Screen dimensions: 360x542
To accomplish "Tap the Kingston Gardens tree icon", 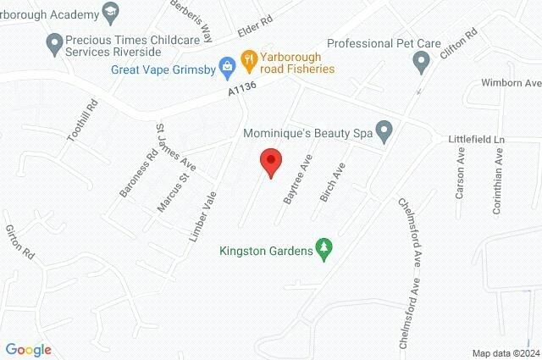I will pos(324,247).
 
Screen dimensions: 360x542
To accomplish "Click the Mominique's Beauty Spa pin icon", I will pos(384,131).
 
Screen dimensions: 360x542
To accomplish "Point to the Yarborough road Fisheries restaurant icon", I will pos(248,59).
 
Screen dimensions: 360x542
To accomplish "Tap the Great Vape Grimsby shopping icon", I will pos(227,65).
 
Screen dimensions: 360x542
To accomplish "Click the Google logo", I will pos(28,350).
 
